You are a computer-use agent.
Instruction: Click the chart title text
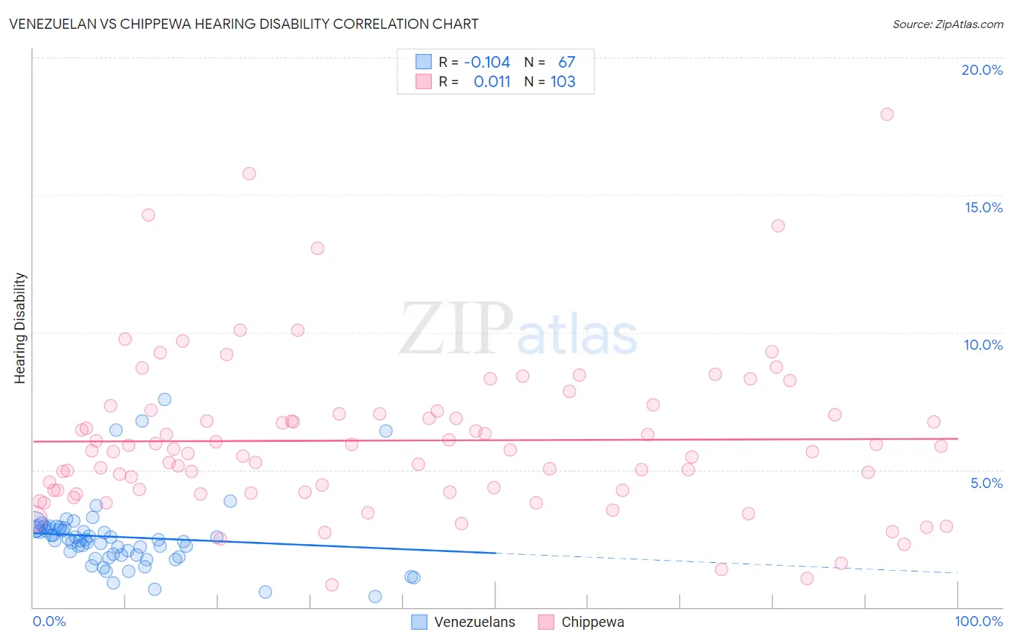point(244,24)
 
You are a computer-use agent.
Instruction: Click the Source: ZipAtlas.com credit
point(947,24)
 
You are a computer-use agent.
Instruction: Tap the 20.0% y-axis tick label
point(982,70)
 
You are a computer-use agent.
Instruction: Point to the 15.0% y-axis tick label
point(983,207)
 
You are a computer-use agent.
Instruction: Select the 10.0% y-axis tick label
point(983,345)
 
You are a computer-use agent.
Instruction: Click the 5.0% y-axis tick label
point(986,483)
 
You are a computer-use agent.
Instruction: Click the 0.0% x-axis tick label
point(49,621)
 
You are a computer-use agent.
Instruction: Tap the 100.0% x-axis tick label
point(978,621)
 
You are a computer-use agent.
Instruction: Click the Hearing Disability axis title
point(19,327)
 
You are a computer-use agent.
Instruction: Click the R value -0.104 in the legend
point(487,62)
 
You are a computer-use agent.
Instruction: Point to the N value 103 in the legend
point(563,81)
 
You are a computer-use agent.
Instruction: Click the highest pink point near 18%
point(887,114)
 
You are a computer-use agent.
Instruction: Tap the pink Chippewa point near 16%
point(249,173)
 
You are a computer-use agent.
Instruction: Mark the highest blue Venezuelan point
point(164,399)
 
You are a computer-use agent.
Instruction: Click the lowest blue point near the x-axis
point(375,597)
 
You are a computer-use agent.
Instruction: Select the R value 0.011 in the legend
point(492,81)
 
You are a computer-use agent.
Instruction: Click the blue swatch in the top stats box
point(423,62)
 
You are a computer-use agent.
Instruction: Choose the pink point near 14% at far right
point(778,226)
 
